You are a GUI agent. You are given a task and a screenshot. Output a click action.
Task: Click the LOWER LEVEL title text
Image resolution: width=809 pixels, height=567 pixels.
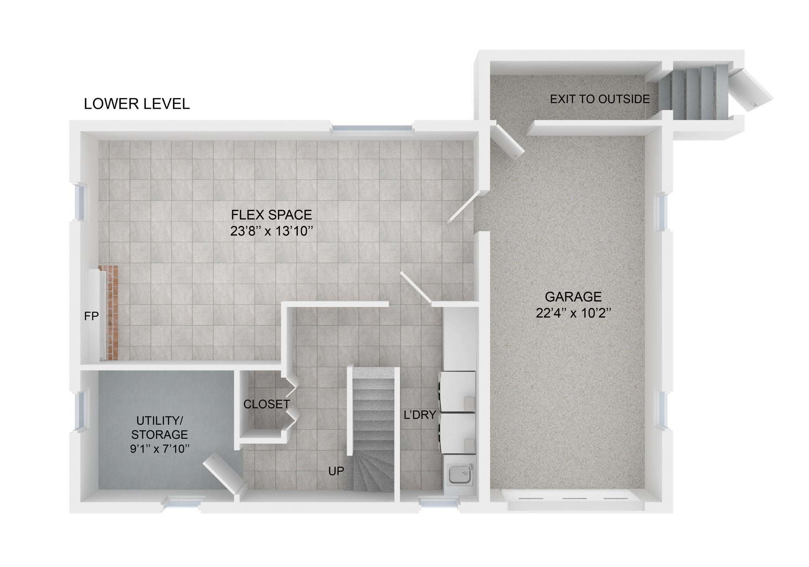click(137, 104)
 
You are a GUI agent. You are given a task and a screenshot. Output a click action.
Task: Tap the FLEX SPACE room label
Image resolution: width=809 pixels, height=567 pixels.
click(271, 215)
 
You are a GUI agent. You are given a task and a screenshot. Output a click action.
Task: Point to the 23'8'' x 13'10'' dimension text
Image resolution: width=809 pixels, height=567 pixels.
click(271, 231)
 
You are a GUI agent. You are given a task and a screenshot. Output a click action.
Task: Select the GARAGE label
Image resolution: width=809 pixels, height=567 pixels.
click(573, 296)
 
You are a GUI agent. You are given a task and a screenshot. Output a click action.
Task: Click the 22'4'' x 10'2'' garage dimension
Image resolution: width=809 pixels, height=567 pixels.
click(573, 313)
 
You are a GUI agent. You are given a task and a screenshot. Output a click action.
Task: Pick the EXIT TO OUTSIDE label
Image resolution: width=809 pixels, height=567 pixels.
click(600, 99)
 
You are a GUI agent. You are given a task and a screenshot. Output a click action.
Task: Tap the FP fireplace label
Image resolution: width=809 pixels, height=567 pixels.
click(91, 316)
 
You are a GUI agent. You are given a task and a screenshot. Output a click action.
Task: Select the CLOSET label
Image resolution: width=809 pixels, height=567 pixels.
click(267, 404)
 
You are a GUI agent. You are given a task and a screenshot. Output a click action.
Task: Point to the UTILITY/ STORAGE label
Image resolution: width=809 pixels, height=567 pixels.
click(160, 427)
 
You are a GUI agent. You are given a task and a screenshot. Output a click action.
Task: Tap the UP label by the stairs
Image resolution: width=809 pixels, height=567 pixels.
click(336, 471)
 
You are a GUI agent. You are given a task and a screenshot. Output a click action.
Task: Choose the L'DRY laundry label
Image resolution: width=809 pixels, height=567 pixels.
click(420, 415)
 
